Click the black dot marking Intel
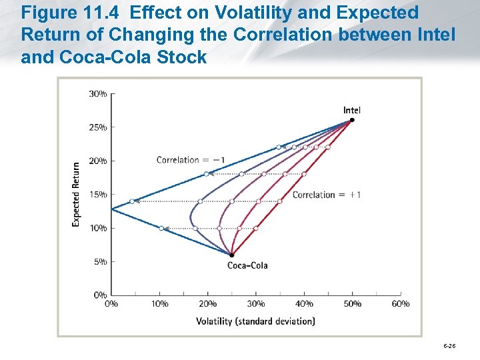[351, 121]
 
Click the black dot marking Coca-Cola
[231, 255]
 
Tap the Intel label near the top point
[351, 110]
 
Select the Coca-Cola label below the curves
[247, 265]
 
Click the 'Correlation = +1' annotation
[327, 195]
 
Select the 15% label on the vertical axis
[98, 195]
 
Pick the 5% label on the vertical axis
[99, 262]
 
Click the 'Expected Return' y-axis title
[76, 194]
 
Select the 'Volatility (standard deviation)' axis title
[255, 321]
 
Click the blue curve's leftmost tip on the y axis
[111, 209]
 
